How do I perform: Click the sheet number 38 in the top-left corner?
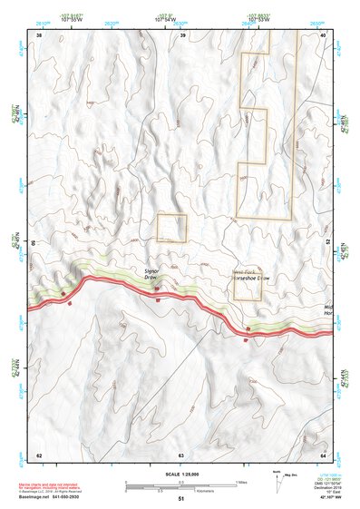point(38,35)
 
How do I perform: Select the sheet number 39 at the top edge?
point(183,35)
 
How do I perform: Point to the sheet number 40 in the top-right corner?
point(324,35)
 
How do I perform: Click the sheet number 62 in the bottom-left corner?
point(38,455)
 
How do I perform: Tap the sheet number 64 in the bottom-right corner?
point(324,455)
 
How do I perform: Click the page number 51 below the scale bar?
point(181,499)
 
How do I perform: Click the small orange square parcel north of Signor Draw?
point(171,228)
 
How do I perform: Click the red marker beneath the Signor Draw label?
point(157,289)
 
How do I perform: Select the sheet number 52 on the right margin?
point(328,243)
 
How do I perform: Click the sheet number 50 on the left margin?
point(34,243)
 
